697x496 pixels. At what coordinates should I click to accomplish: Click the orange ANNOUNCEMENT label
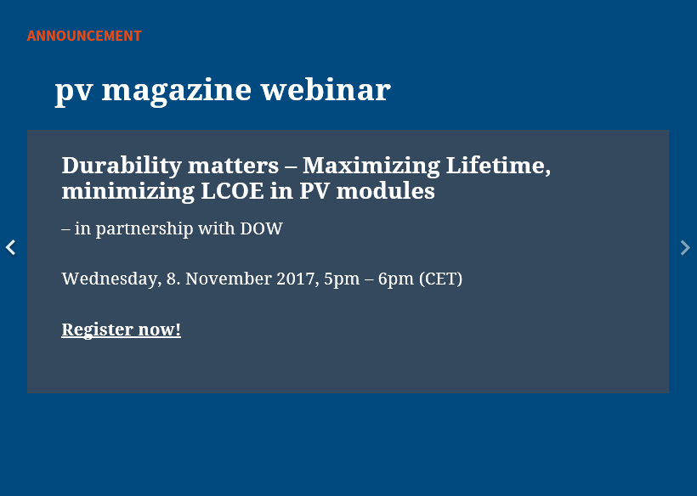(84, 36)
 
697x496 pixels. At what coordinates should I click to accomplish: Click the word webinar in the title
(326, 90)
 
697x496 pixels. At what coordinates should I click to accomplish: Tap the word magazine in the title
(177, 92)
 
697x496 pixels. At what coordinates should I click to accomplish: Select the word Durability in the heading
(122, 166)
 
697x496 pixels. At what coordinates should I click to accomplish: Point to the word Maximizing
(371, 166)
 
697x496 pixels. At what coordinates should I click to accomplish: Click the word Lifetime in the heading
(498, 166)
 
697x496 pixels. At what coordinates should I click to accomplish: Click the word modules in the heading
(385, 191)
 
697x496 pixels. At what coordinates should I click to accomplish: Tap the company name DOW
(262, 228)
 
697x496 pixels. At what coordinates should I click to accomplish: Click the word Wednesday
(111, 279)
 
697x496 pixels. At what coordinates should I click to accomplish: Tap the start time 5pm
(342, 279)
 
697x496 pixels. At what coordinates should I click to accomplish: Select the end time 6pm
(395, 279)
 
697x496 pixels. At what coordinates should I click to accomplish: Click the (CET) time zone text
(440, 279)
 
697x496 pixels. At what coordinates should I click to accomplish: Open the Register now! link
(121, 330)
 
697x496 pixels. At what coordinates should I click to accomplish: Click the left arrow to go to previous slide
(11, 247)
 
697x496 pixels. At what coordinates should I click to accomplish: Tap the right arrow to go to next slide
(685, 247)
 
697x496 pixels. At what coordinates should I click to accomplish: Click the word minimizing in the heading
(128, 192)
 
